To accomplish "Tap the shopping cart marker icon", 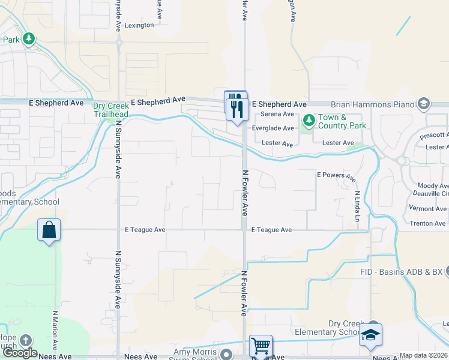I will pos(261,346).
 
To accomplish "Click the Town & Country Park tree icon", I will pos(309,121).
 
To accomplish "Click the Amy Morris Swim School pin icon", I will pos(226,355).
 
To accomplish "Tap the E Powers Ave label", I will pos(336,175).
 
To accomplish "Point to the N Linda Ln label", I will pos(357,206).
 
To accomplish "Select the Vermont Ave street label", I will pos(428,209).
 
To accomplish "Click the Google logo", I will pos(19,353).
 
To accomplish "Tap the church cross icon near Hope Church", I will pos(25,340).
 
